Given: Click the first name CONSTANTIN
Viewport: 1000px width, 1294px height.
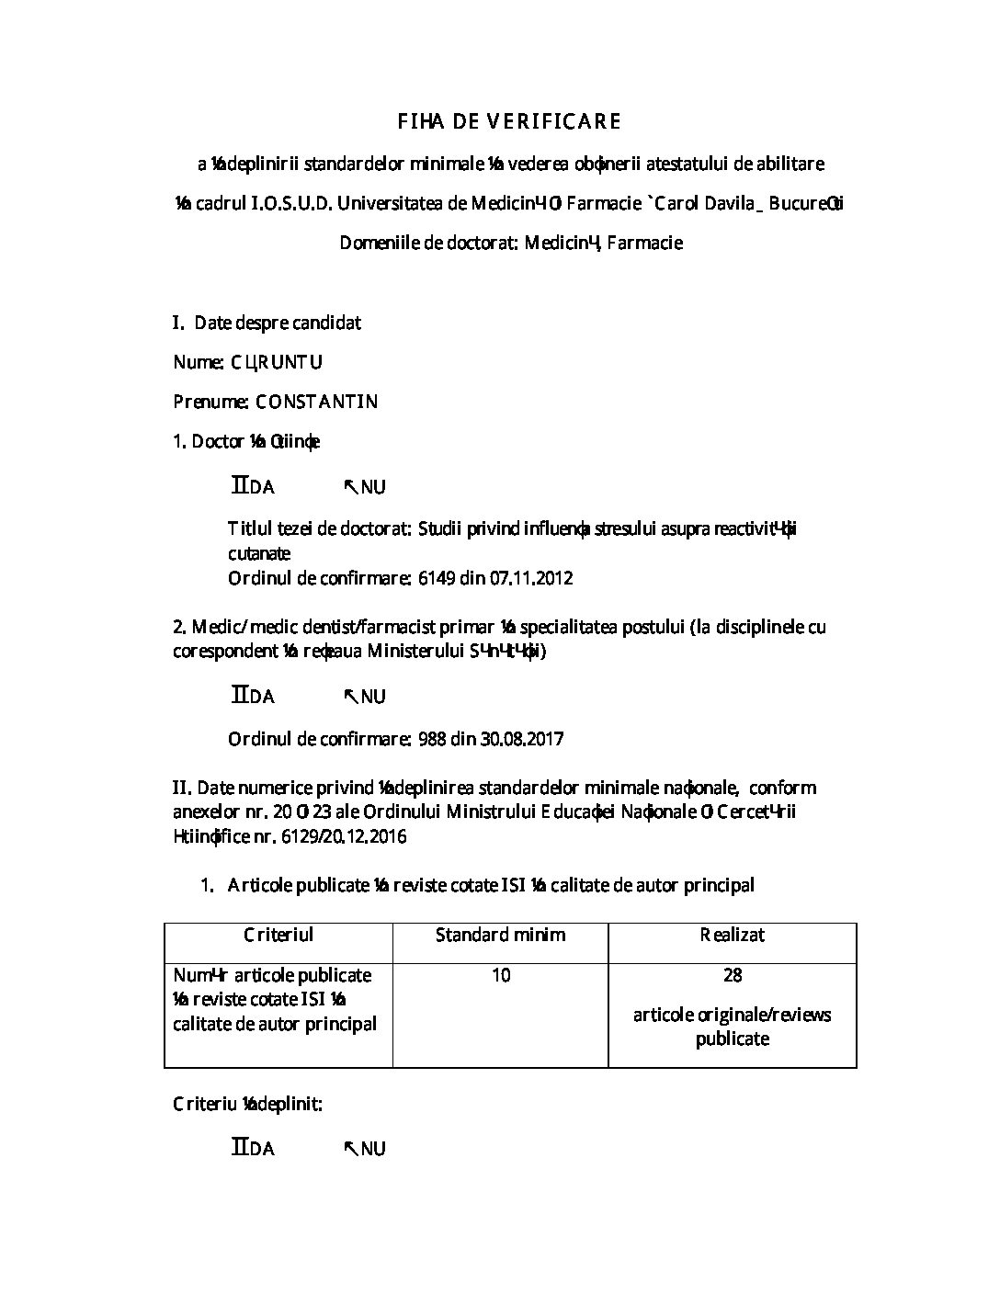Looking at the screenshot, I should (316, 402).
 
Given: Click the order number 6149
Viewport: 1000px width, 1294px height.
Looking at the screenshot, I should (437, 578).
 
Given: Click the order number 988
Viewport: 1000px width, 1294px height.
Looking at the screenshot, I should (432, 738).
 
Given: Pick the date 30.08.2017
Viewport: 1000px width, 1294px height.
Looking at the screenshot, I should (525, 738).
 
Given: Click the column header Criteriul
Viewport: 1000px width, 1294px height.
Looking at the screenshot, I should (278, 935).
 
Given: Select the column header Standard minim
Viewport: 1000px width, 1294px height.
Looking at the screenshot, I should (500, 935).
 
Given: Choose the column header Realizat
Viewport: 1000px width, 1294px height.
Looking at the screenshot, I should (732, 935).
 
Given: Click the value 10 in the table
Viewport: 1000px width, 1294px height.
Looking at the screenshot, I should (501, 974).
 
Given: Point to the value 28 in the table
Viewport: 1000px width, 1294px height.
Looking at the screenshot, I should (733, 974).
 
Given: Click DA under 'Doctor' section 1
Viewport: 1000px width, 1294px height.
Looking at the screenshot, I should (261, 487).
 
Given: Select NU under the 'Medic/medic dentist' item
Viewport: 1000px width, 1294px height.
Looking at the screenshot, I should (372, 697).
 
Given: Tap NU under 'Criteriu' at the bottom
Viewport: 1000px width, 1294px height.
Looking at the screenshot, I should (372, 1149).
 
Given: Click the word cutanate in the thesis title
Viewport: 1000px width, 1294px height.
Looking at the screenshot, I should (259, 553).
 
